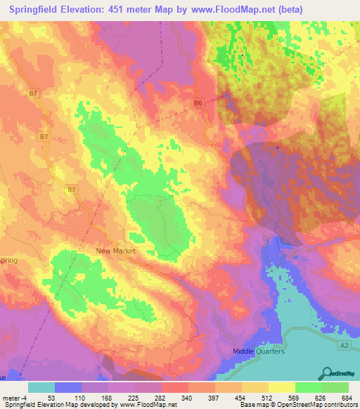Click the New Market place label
click(115, 250)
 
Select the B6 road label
click(198, 103)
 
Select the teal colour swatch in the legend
click(41, 387)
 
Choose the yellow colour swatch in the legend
click(282, 387)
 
